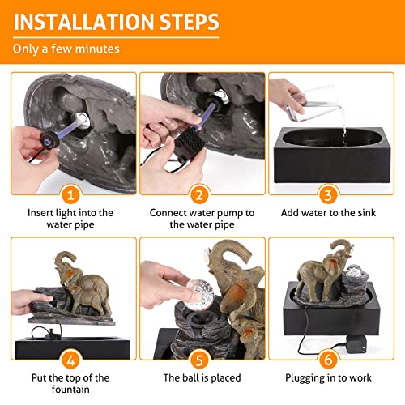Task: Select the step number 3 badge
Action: pos(330,195)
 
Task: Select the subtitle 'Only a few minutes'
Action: pos(66,49)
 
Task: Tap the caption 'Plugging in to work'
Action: pos(330,377)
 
